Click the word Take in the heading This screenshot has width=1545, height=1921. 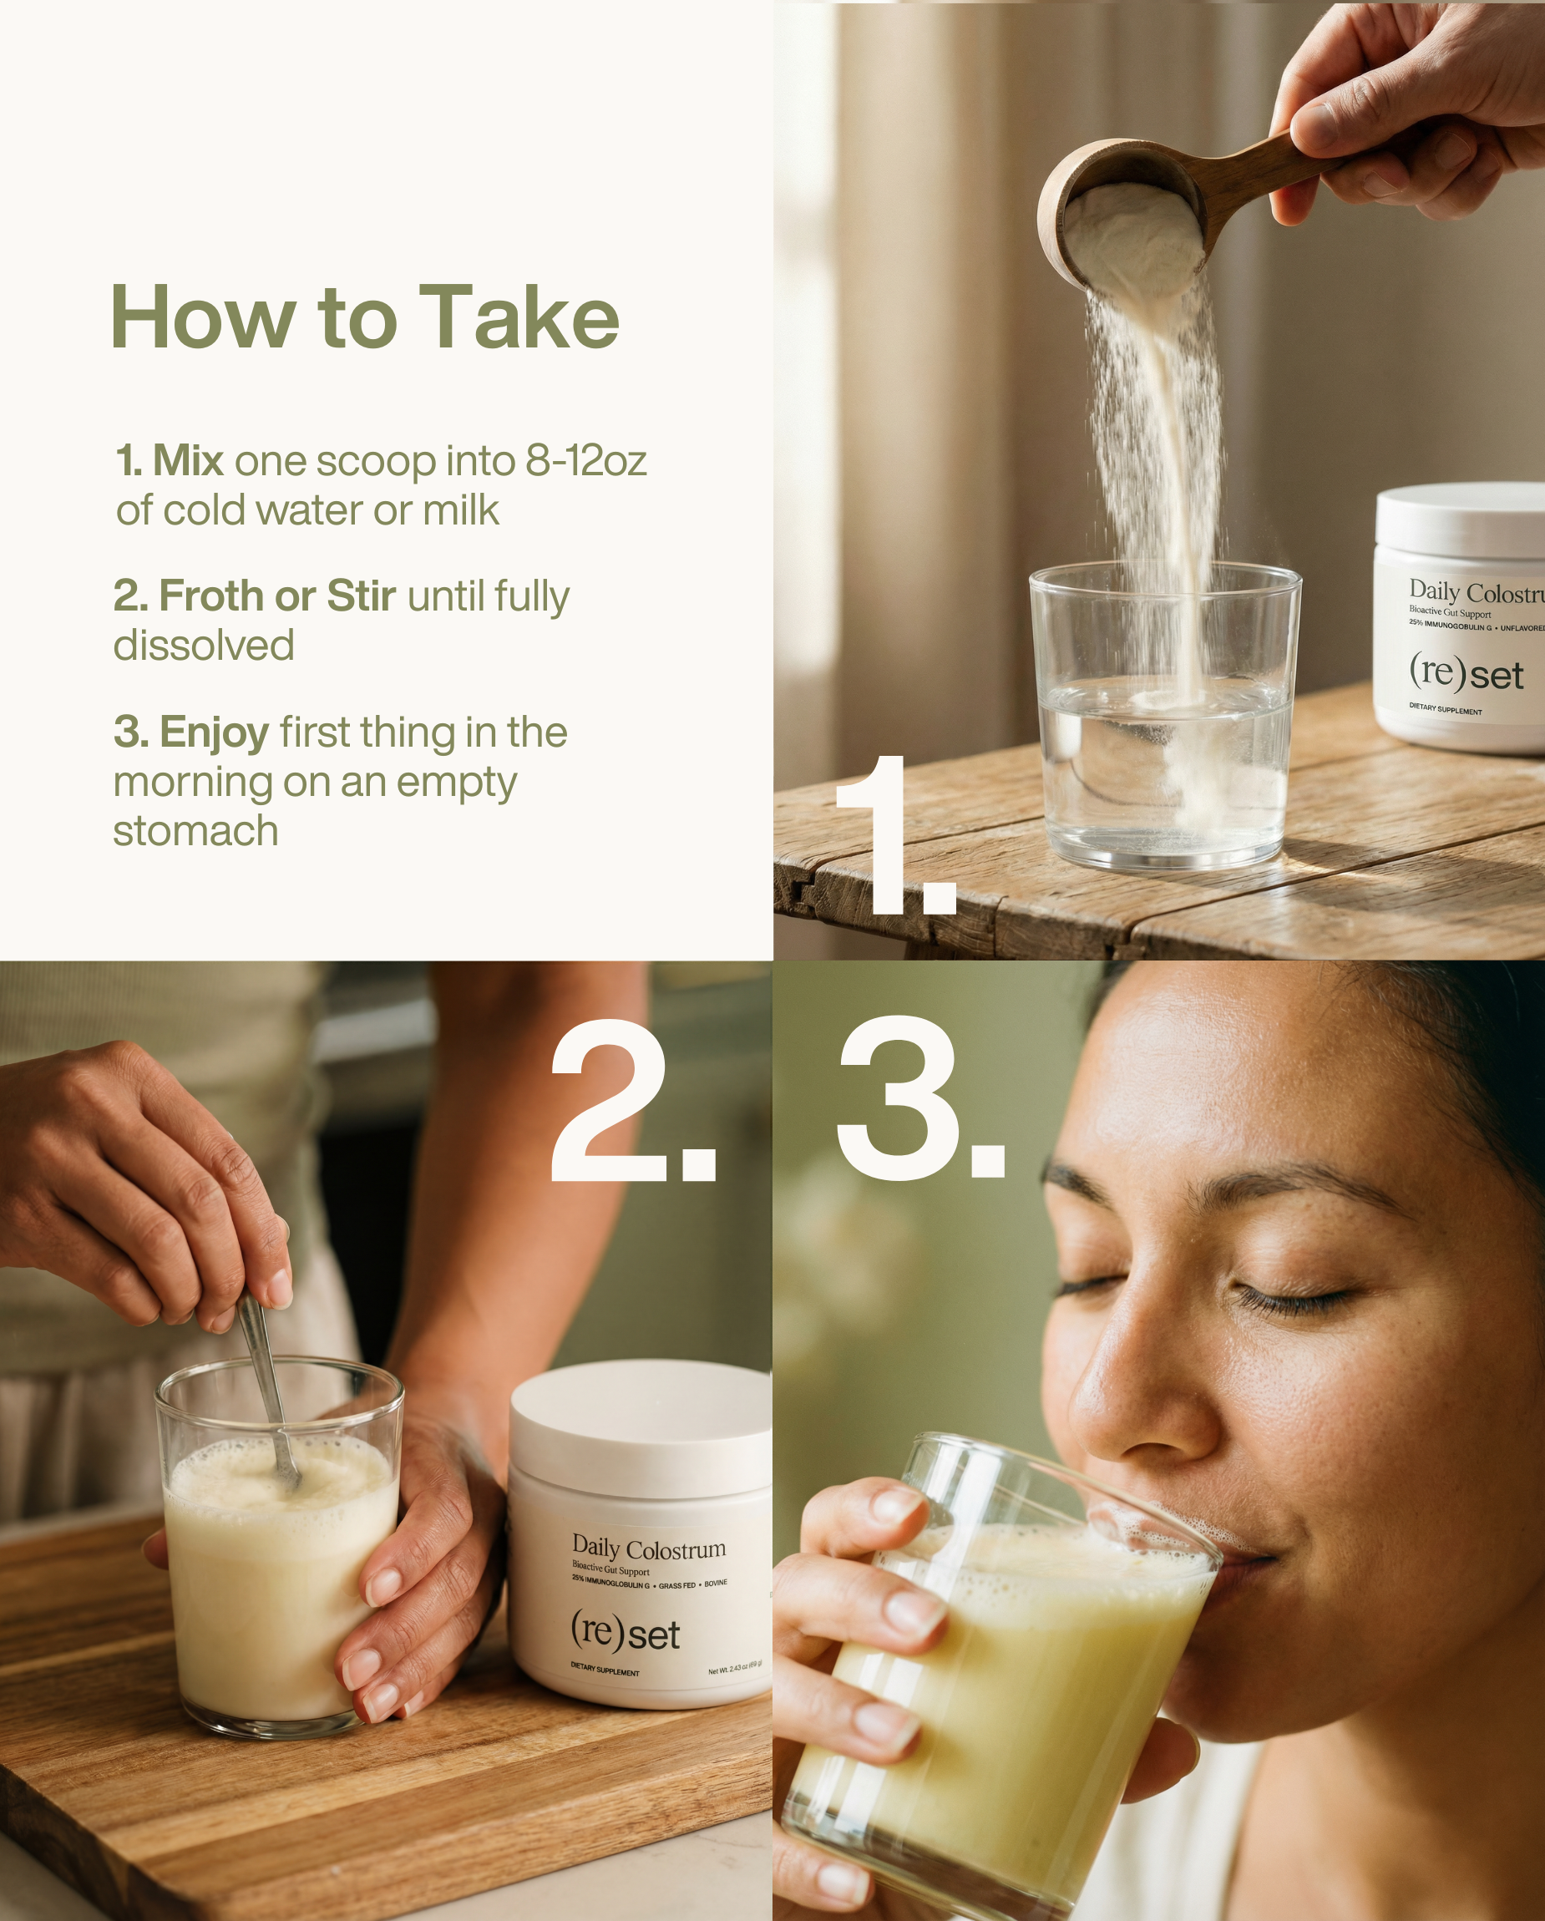click(519, 318)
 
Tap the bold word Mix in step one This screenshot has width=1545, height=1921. click(187, 462)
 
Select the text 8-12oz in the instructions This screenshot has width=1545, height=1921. click(585, 462)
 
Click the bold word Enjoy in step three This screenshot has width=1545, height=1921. click(214, 732)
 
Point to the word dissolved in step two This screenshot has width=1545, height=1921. click(203, 646)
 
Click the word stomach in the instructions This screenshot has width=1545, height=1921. click(195, 831)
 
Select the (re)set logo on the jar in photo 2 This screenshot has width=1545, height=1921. click(625, 1632)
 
